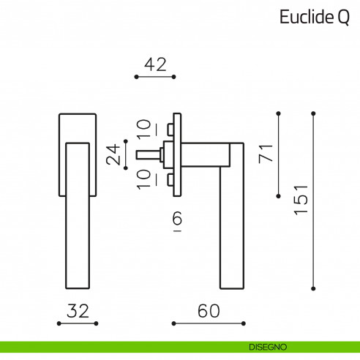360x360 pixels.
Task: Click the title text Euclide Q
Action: pos(314,18)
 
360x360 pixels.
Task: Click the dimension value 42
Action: pos(155,64)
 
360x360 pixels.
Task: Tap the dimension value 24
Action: pos(113,154)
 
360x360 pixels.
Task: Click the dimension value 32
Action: pos(78,310)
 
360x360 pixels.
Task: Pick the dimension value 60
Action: pos(208,310)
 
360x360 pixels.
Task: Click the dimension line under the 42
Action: pos(155,76)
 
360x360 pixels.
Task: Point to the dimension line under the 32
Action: pos(78,323)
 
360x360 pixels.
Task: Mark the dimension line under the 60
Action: pos(208,323)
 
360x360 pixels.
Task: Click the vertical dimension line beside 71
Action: pos(278,154)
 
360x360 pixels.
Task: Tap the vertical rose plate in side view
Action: pos(176,154)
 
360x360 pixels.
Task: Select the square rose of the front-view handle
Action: pos(77,127)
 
